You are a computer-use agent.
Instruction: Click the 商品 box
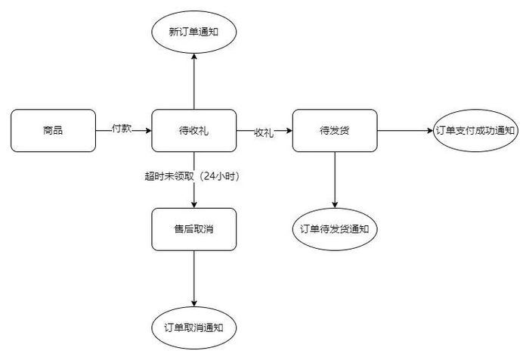[53, 130]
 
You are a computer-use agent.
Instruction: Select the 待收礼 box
[194, 130]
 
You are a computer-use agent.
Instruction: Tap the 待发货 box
[334, 130]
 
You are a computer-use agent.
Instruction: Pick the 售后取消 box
[194, 229]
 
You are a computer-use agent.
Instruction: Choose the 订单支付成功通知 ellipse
[475, 130]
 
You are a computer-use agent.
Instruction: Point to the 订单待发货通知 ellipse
[334, 228]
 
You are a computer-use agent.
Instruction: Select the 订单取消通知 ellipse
[194, 327]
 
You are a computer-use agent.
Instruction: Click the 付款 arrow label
[122, 129]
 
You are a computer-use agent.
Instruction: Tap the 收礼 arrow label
[264, 132]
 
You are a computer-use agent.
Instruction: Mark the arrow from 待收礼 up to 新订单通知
[194, 83]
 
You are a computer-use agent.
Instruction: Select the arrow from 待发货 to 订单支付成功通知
[404, 130]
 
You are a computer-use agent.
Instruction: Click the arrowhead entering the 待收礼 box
[147, 130]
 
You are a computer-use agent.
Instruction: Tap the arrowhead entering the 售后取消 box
[194, 204]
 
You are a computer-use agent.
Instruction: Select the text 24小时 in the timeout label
[224, 175]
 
